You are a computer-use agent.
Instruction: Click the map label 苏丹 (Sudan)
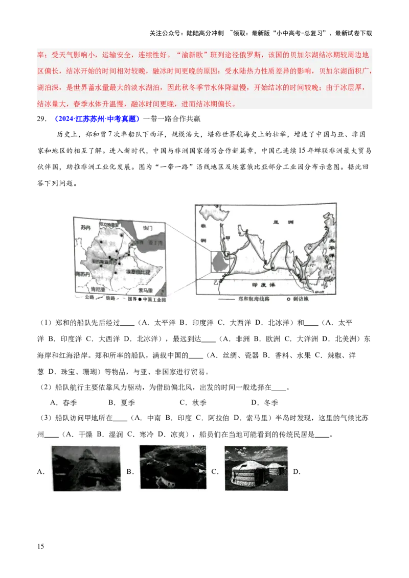coord(82,225)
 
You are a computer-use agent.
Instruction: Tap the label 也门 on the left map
coord(149,227)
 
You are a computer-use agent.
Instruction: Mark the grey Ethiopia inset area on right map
coord(219,260)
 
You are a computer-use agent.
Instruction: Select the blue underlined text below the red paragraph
coord(97,119)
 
